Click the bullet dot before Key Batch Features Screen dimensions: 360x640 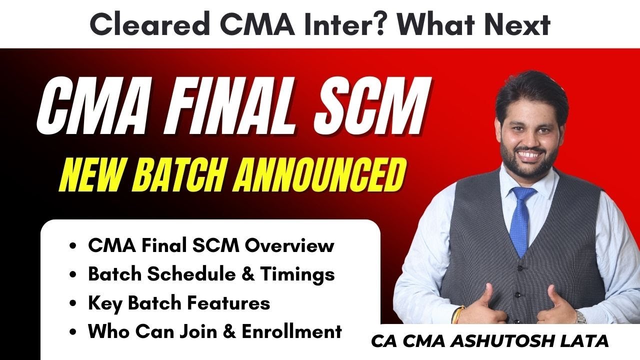point(74,303)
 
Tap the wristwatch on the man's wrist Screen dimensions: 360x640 point(580,316)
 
